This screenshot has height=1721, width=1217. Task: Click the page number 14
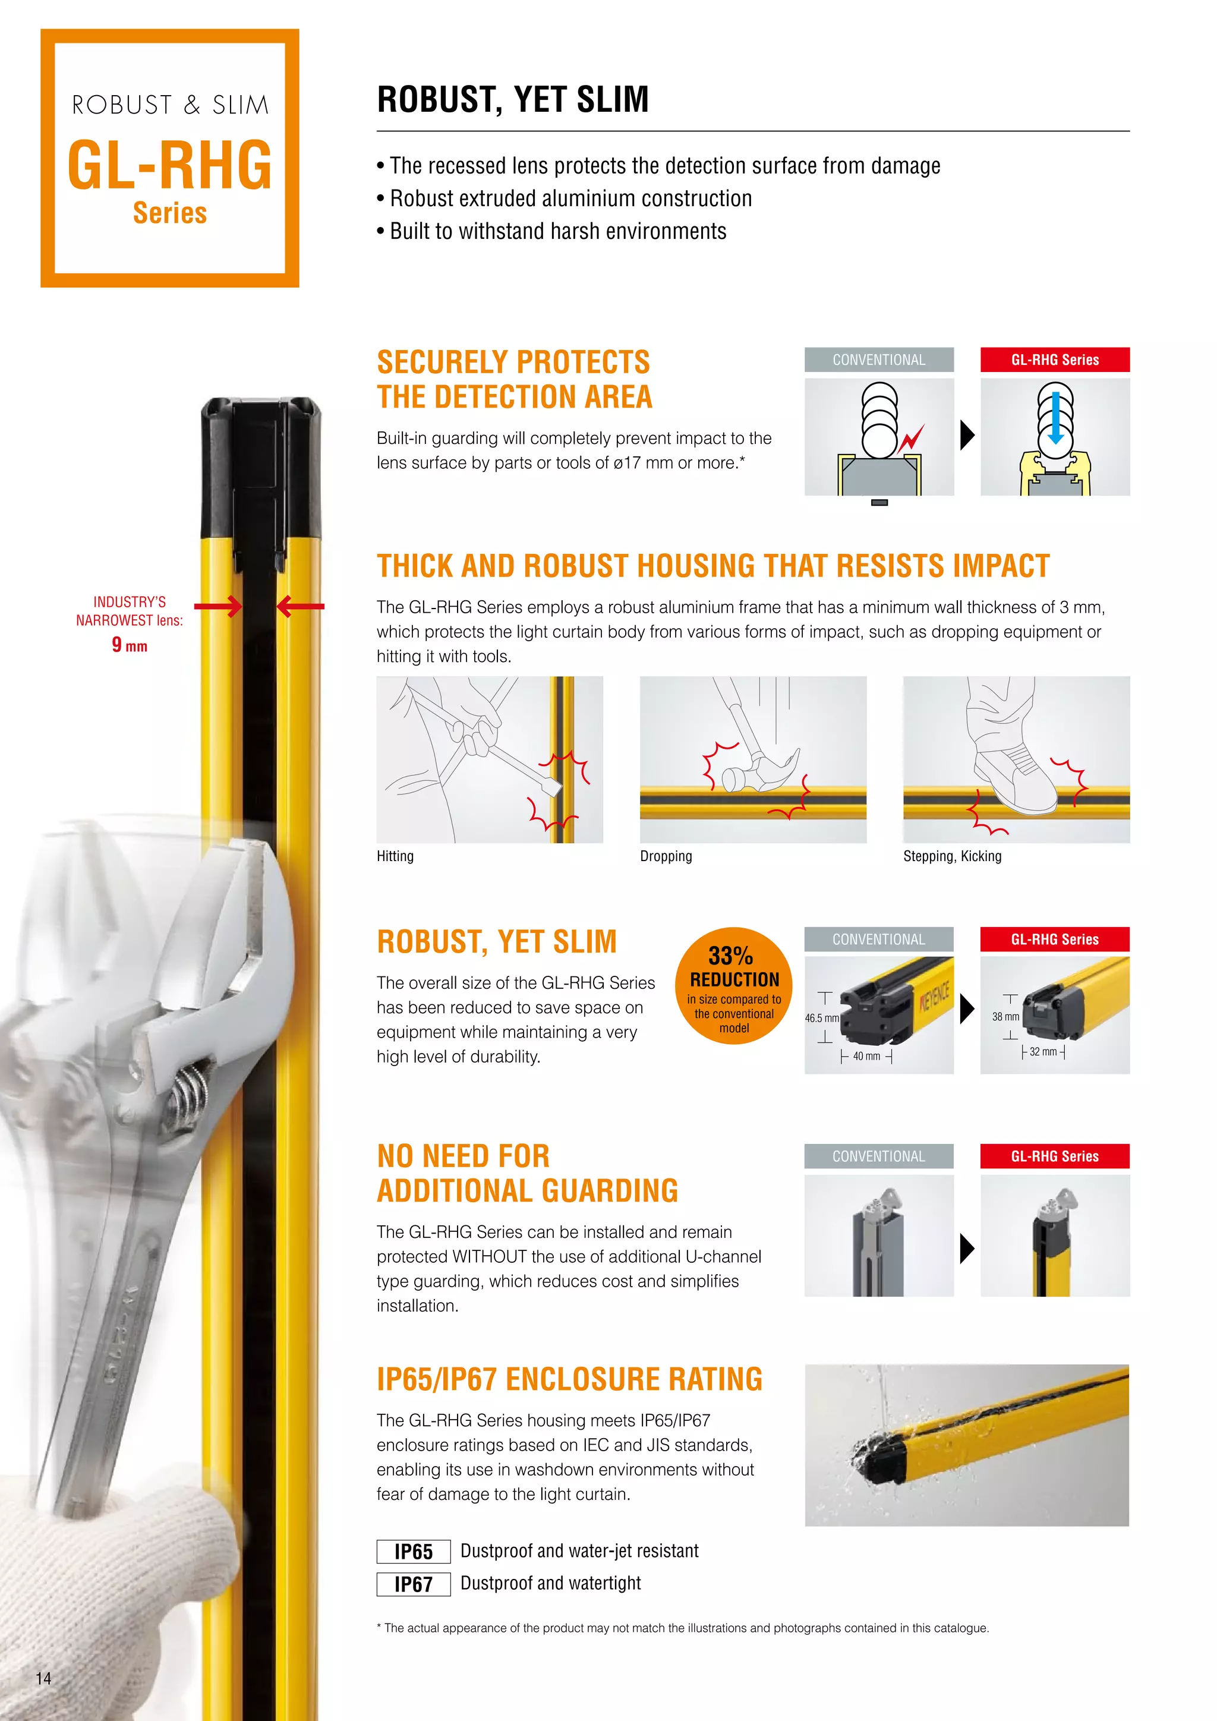(43, 1678)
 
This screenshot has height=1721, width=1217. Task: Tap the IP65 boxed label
(413, 1551)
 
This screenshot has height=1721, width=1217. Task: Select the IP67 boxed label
(413, 1584)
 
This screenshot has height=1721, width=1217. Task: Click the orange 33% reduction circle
(734, 986)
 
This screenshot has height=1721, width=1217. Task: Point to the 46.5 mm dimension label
(821, 1018)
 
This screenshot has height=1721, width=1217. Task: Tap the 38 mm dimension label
(1005, 1016)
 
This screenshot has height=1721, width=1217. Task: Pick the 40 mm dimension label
(866, 1056)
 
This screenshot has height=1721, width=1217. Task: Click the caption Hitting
(395, 856)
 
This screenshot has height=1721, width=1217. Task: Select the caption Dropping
(666, 856)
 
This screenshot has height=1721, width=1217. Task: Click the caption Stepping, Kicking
(952, 856)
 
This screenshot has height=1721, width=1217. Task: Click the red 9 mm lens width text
(130, 645)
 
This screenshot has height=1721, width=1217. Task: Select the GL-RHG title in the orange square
(170, 165)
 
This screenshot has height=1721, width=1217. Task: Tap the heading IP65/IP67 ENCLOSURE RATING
(569, 1379)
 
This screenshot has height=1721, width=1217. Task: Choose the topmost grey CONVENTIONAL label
(879, 360)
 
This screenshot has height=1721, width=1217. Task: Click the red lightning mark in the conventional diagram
(912, 438)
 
